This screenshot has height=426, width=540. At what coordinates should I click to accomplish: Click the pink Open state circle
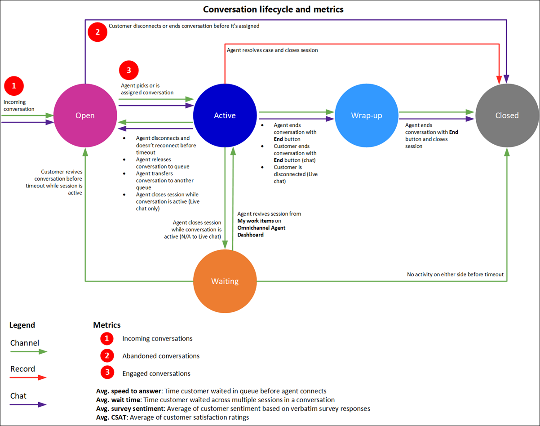[x=85, y=115]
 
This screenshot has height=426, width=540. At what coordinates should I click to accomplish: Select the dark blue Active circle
[x=225, y=115]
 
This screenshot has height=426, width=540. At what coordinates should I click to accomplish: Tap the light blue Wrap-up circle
[x=366, y=115]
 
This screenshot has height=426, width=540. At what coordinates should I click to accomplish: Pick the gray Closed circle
[x=507, y=115]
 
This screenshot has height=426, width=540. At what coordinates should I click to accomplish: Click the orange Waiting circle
[x=225, y=281]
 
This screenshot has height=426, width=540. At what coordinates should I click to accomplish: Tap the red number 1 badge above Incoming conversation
[x=14, y=85]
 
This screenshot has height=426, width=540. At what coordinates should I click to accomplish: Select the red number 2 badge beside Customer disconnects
[x=98, y=32]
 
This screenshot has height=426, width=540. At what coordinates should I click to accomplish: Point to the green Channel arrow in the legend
[x=29, y=352]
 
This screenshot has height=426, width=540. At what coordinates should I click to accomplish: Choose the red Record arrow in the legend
[x=29, y=378]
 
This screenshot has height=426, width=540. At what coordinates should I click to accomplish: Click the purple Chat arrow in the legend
[x=29, y=404]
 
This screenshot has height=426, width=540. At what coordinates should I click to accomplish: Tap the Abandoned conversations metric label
[x=161, y=356]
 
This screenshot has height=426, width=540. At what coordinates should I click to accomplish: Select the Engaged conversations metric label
[x=156, y=373]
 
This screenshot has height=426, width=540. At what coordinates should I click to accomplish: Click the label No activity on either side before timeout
[x=455, y=274]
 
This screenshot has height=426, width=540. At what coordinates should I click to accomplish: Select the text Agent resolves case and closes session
[x=272, y=50]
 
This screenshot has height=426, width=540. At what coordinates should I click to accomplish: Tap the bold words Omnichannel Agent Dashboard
[x=261, y=231]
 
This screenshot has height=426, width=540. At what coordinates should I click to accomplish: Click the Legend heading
[x=22, y=325]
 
